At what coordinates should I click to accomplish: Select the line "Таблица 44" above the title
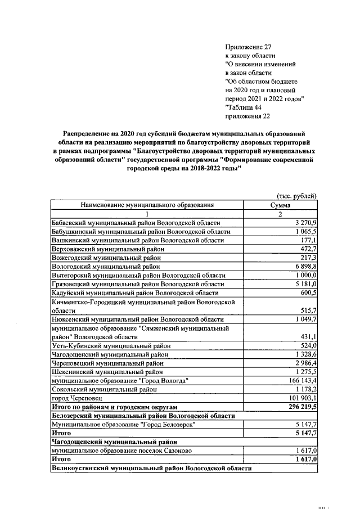tap(244, 107)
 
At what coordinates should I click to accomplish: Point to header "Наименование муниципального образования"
tap(147, 205)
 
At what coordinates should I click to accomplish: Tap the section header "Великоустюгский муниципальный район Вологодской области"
tap(151, 468)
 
